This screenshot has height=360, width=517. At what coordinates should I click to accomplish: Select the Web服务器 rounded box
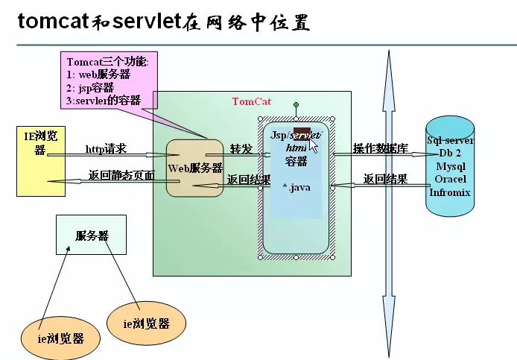[x=195, y=168]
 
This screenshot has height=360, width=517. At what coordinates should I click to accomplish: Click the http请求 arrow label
[x=106, y=149]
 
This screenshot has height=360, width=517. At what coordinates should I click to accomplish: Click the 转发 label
[x=240, y=148]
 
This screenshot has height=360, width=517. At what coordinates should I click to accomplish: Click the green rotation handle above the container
[x=296, y=105]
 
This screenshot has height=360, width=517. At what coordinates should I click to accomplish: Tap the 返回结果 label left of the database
[x=384, y=179]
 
